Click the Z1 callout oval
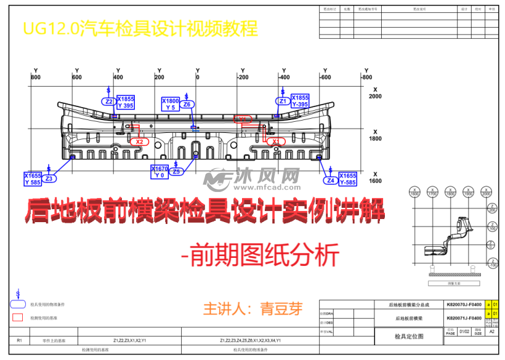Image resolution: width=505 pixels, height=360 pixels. (x=283, y=102)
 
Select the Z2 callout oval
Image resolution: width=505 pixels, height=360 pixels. (x=109, y=102)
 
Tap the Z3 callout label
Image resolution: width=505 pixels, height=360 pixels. (x=50, y=178)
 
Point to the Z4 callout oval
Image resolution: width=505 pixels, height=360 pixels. (x=331, y=181)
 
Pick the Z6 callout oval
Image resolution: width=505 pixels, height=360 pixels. (x=187, y=105)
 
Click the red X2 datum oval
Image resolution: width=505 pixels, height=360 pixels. (x=139, y=142)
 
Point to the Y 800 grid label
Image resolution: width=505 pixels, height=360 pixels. (x=35, y=74)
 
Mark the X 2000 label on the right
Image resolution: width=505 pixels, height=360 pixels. (x=375, y=93)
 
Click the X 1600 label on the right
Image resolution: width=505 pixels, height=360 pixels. (x=375, y=178)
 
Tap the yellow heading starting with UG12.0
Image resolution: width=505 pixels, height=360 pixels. (x=139, y=28)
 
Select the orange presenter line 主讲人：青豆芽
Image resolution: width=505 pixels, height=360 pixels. (x=253, y=308)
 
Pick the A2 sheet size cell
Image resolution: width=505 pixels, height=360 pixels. (x=491, y=332)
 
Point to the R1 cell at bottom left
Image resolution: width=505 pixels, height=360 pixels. (x=19, y=340)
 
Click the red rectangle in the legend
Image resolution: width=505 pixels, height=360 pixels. (x=18, y=318)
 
